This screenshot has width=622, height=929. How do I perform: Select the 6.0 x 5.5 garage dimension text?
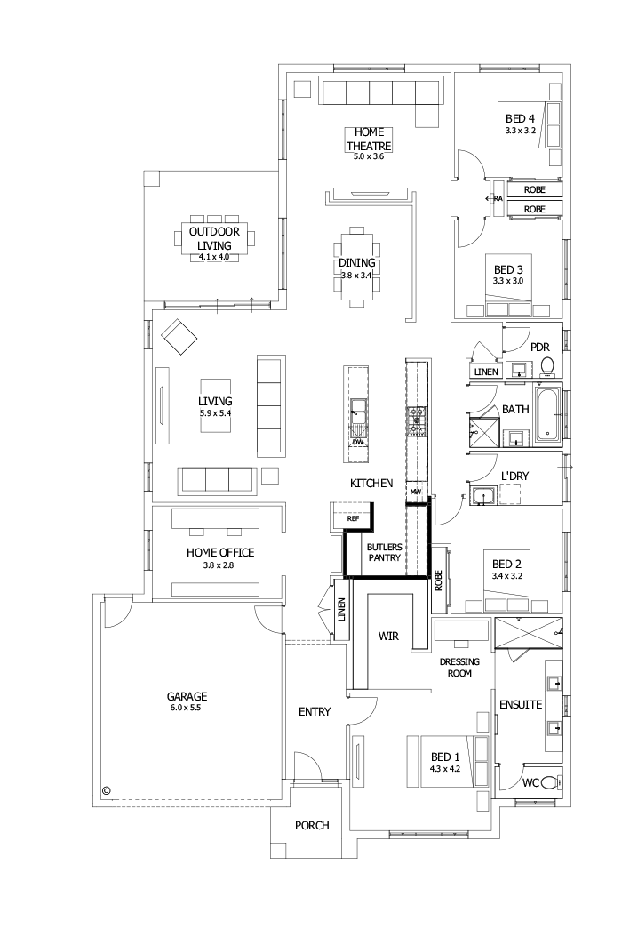(187, 708)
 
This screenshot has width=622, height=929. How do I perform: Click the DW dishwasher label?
(357, 442)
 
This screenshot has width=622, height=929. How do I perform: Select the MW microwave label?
(415, 491)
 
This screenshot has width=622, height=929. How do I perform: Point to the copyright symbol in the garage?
(107, 788)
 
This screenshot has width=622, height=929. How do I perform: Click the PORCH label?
(312, 825)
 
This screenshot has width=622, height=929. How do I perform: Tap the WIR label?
(388, 637)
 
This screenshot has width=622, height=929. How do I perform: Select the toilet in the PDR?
(547, 365)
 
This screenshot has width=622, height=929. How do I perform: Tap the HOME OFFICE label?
(219, 552)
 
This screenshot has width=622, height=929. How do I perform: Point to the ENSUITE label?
(520, 704)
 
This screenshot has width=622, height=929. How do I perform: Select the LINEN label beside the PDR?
(485, 372)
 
